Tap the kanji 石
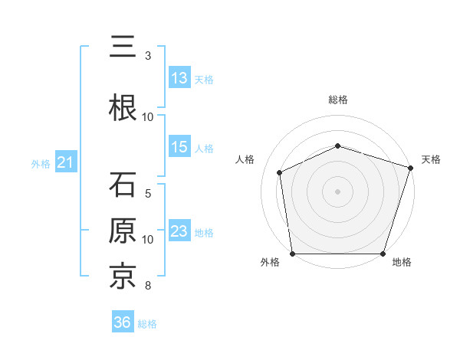pyautogui.click(x=123, y=185)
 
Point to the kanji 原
pyautogui.click(x=123, y=231)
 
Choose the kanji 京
pyautogui.click(x=123, y=277)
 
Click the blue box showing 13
pyautogui.click(x=179, y=78)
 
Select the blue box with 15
pyautogui.click(x=179, y=147)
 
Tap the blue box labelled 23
pyautogui.click(x=179, y=231)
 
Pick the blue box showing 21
pyautogui.click(x=65, y=162)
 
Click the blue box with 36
pyautogui.click(x=122, y=322)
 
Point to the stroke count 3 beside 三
pyautogui.click(x=148, y=56)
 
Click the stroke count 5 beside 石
pyautogui.click(x=148, y=194)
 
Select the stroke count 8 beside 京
pyautogui.click(x=148, y=286)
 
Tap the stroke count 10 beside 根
pyautogui.click(x=148, y=117)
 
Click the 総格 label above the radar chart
pyautogui.click(x=338, y=100)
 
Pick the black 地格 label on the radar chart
pyautogui.click(x=401, y=263)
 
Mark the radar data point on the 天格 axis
pyautogui.click(x=411, y=168)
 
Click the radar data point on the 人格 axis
pyautogui.click(x=280, y=172)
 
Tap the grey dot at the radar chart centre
pyautogui.click(x=338, y=191)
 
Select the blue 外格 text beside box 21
pyautogui.click(x=41, y=163)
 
